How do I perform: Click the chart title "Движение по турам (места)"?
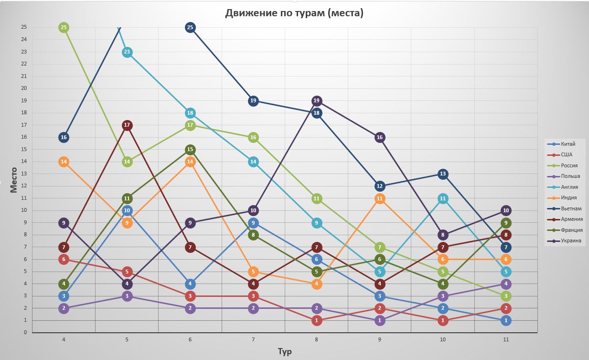[x=294, y=13]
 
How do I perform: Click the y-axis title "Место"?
[x=13, y=180]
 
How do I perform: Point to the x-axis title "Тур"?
[x=285, y=351]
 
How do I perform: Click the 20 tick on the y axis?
[x=23, y=88]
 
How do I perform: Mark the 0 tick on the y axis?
[x=25, y=332]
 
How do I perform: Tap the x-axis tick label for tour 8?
[x=316, y=339]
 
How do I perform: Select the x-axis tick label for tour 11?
[x=506, y=339]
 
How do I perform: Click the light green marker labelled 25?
[x=64, y=28]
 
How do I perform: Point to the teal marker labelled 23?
[x=127, y=52]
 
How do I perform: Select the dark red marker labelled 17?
[x=127, y=125]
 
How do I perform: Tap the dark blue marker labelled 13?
[x=443, y=174]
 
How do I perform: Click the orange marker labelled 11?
[x=380, y=198]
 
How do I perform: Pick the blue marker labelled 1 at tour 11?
[x=506, y=320]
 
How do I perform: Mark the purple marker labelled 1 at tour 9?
[x=380, y=320]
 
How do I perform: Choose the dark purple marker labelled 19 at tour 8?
[x=316, y=101]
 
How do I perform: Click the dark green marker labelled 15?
[x=190, y=150]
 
